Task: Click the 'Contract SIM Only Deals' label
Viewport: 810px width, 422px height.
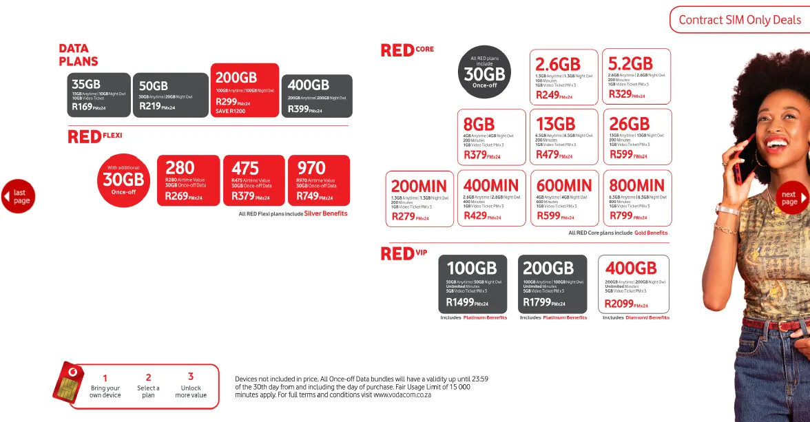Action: tap(739, 20)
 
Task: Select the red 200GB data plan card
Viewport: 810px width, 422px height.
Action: tap(245, 90)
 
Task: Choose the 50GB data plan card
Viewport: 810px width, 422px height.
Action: tap(170, 95)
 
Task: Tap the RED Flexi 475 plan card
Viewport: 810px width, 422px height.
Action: tap(253, 180)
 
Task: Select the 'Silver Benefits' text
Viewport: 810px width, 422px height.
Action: tap(326, 214)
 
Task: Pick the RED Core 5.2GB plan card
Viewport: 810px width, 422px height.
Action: tap(636, 76)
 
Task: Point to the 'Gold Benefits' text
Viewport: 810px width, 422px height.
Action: tap(651, 233)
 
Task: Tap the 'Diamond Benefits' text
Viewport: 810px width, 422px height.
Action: tap(647, 318)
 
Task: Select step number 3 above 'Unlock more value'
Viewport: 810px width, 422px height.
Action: tap(191, 377)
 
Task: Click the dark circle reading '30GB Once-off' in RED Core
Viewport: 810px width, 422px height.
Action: tap(484, 73)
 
